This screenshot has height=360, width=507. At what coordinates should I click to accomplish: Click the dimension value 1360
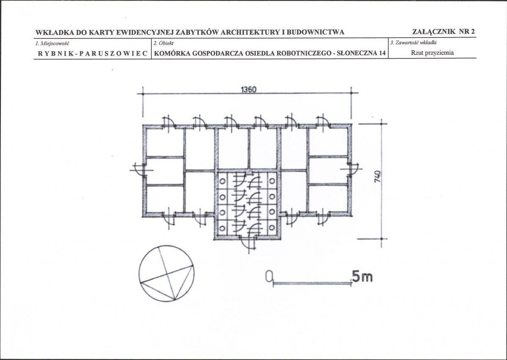coord(249,90)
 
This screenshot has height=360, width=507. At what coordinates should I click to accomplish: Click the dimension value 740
coord(377,177)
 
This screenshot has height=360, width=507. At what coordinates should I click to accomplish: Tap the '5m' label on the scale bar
coord(362,276)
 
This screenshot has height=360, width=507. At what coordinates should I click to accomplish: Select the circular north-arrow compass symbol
coord(167,273)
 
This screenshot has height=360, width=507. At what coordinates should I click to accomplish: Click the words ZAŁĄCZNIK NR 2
coord(444,31)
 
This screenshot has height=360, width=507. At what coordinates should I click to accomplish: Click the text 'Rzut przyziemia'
coord(432,53)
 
